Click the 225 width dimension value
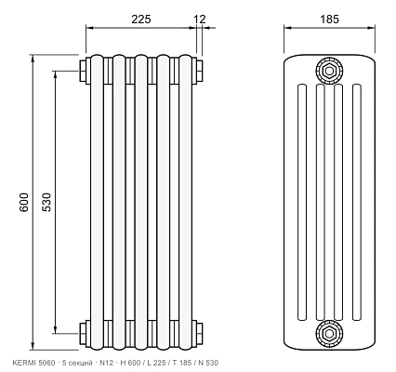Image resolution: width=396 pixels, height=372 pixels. point(141,20)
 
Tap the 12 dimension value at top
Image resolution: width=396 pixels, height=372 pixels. point(200,20)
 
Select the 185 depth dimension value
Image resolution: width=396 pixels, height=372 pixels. point(329,20)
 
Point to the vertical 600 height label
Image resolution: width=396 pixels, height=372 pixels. point(24,203)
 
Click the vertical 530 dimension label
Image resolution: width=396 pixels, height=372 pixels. point(46,203)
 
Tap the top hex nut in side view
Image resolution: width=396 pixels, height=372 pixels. point(329,71)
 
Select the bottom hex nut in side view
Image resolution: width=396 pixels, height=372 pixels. point(329,334)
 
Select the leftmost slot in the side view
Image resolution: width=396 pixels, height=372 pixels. point(302,202)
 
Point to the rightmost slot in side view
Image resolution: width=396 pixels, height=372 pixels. point(357,202)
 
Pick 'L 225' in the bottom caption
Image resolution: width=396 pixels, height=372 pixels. point(156,363)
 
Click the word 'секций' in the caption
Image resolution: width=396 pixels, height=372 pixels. point(81,363)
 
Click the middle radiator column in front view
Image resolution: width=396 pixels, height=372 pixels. point(141,202)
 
